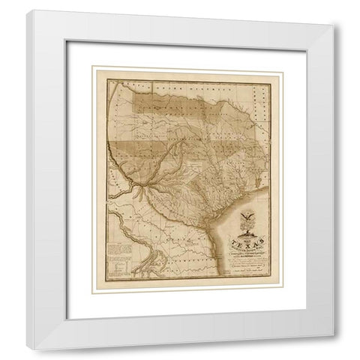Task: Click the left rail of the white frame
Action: pyautogui.click(x=34, y=180)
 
